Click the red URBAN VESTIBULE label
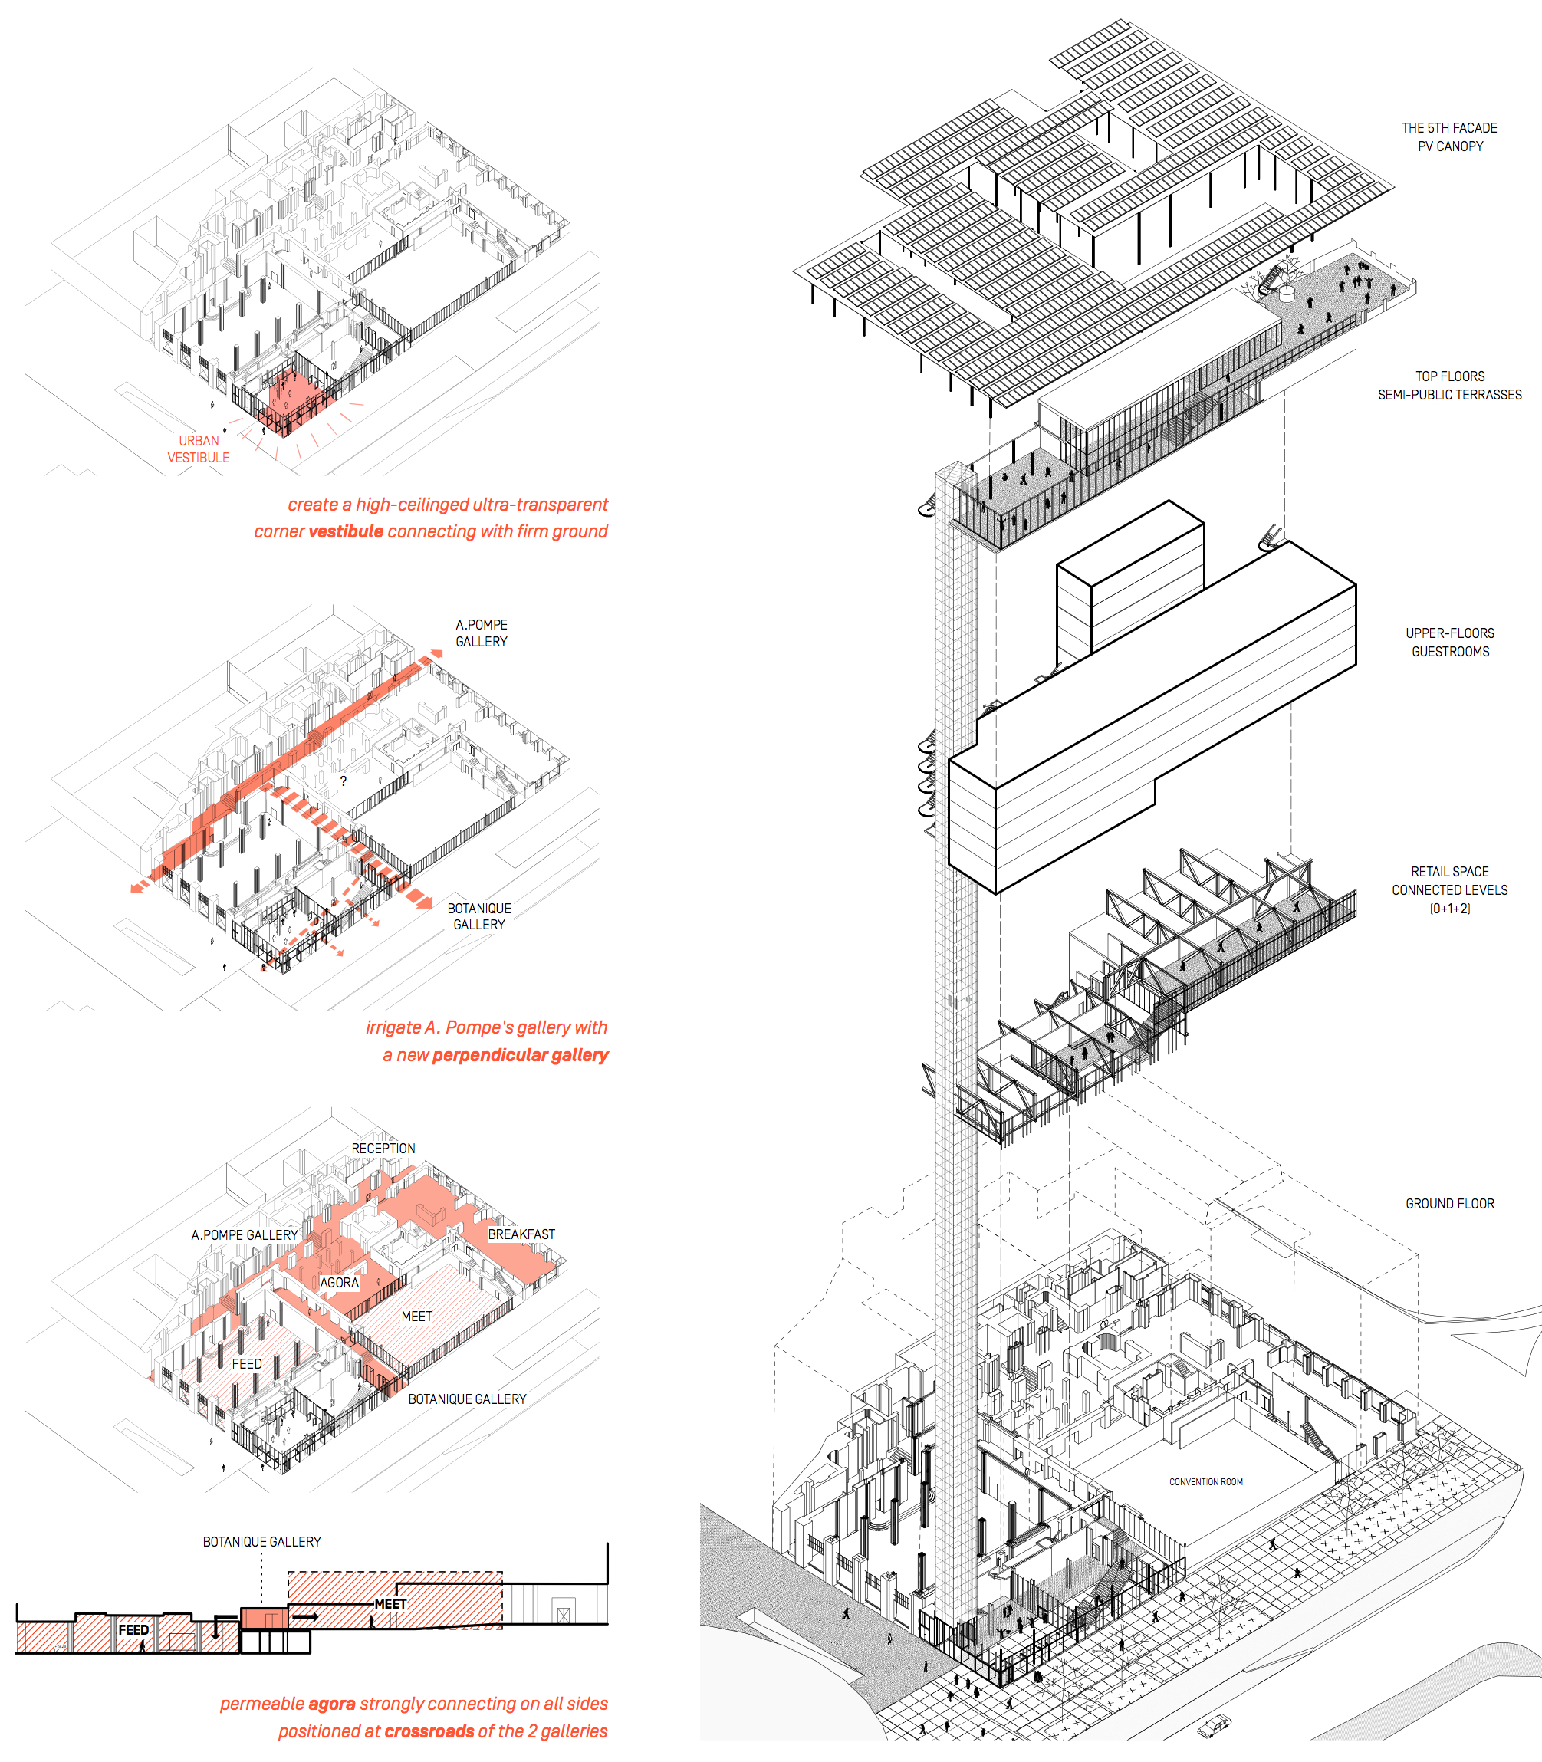click(x=198, y=449)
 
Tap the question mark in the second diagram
click(x=344, y=781)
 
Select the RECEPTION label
click(x=383, y=1149)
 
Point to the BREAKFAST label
click(x=521, y=1234)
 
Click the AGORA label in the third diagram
click(x=339, y=1282)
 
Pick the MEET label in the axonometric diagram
click(x=417, y=1317)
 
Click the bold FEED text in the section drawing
click(x=133, y=1629)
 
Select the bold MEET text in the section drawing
click(x=390, y=1604)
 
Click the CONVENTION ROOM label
click(x=1205, y=1481)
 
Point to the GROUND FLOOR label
click(x=1450, y=1204)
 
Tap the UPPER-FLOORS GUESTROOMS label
click(x=1450, y=642)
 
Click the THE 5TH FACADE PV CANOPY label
click(x=1450, y=136)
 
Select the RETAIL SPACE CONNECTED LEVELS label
click(x=1450, y=889)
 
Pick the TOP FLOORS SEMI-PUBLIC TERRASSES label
click(x=1450, y=386)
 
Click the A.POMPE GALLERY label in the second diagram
click(x=482, y=633)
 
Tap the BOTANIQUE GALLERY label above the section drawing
click(x=261, y=1542)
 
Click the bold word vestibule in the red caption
click(x=346, y=531)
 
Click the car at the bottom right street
click(x=1214, y=1725)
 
